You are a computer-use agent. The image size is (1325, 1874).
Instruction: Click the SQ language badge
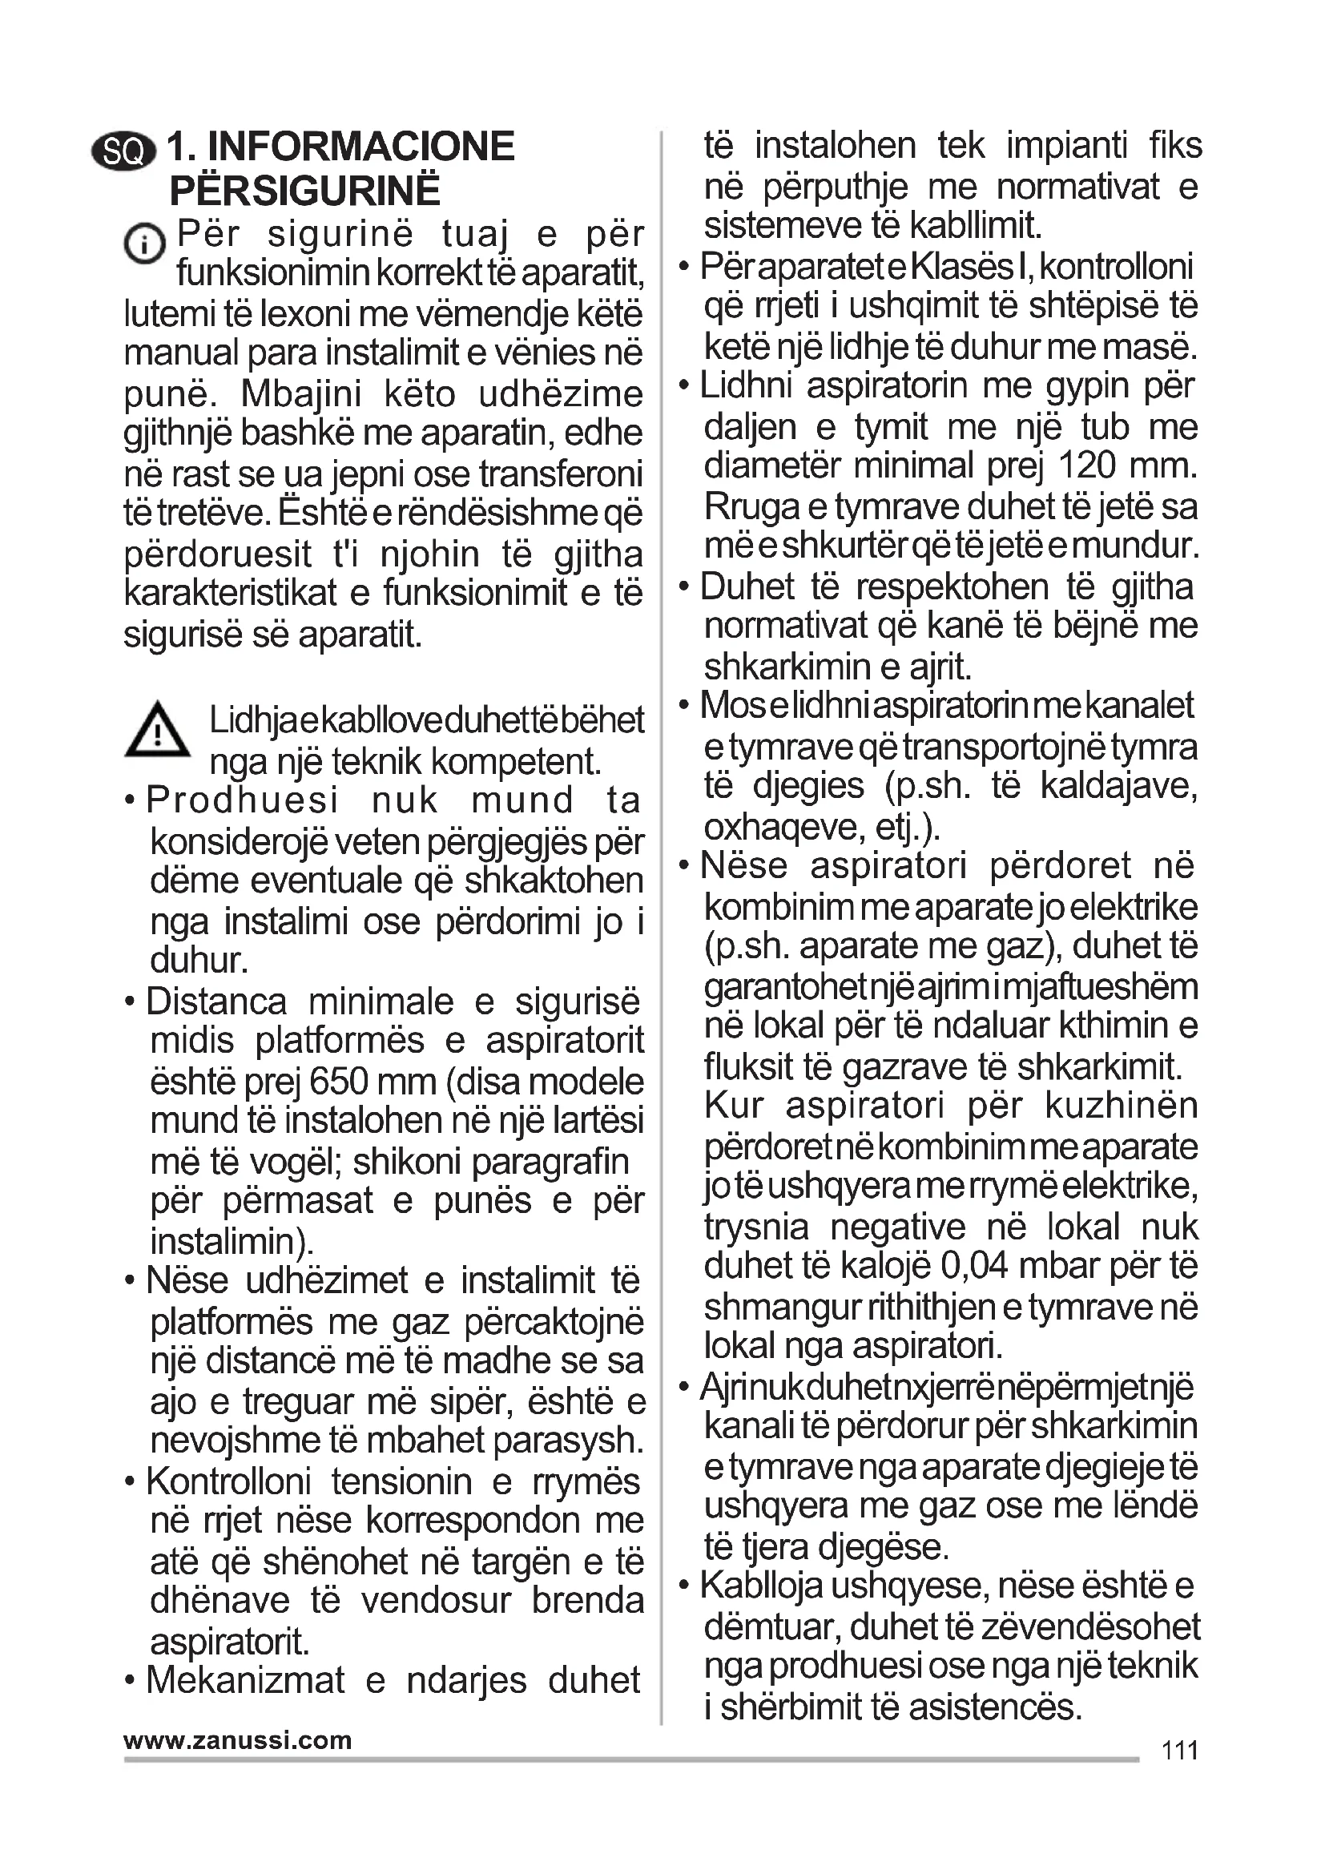(x=124, y=151)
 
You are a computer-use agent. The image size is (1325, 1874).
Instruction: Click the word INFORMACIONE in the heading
(x=361, y=147)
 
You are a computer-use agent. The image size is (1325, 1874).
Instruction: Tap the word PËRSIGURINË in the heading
(x=304, y=191)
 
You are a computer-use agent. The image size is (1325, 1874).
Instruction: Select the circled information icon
(x=144, y=244)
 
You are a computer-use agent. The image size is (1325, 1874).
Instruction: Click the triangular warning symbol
(x=158, y=730)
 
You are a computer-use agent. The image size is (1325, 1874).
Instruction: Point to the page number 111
(x=1180, y=1751)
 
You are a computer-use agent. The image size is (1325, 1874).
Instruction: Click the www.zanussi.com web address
(x=237, y=1740)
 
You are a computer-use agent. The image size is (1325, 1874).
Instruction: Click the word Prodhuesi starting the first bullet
(x=242, y=800)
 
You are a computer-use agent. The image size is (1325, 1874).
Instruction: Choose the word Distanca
(x=216, y=1002)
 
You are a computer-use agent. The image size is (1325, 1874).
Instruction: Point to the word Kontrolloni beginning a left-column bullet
(x=229, y=1481)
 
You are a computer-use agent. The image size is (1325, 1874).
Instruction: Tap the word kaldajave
(x=1118, y=786)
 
